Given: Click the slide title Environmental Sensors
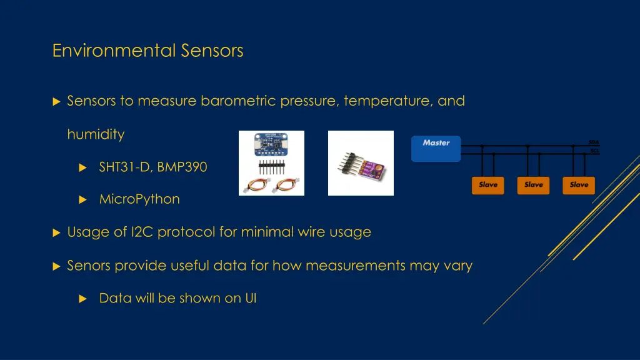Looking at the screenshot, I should click(147, 50).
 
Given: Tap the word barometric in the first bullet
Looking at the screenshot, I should click(238, 101).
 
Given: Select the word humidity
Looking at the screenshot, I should click(96, 134).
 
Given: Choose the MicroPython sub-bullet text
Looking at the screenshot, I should click(139, 199).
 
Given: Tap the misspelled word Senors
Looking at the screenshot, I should click(88, 266).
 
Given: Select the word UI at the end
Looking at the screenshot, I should click(250, 298).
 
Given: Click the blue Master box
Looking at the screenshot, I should click(436, 148).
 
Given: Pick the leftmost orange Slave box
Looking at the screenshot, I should click(487, 185).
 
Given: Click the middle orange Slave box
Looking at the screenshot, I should click(533, 185).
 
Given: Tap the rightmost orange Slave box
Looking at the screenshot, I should click(579, 185).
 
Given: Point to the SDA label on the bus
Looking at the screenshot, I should click(594, 142).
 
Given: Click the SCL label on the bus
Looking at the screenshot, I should click(594, 151).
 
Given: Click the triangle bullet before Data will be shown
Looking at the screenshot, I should click(82, 299).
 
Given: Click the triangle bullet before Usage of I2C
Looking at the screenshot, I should click(56, 232).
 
